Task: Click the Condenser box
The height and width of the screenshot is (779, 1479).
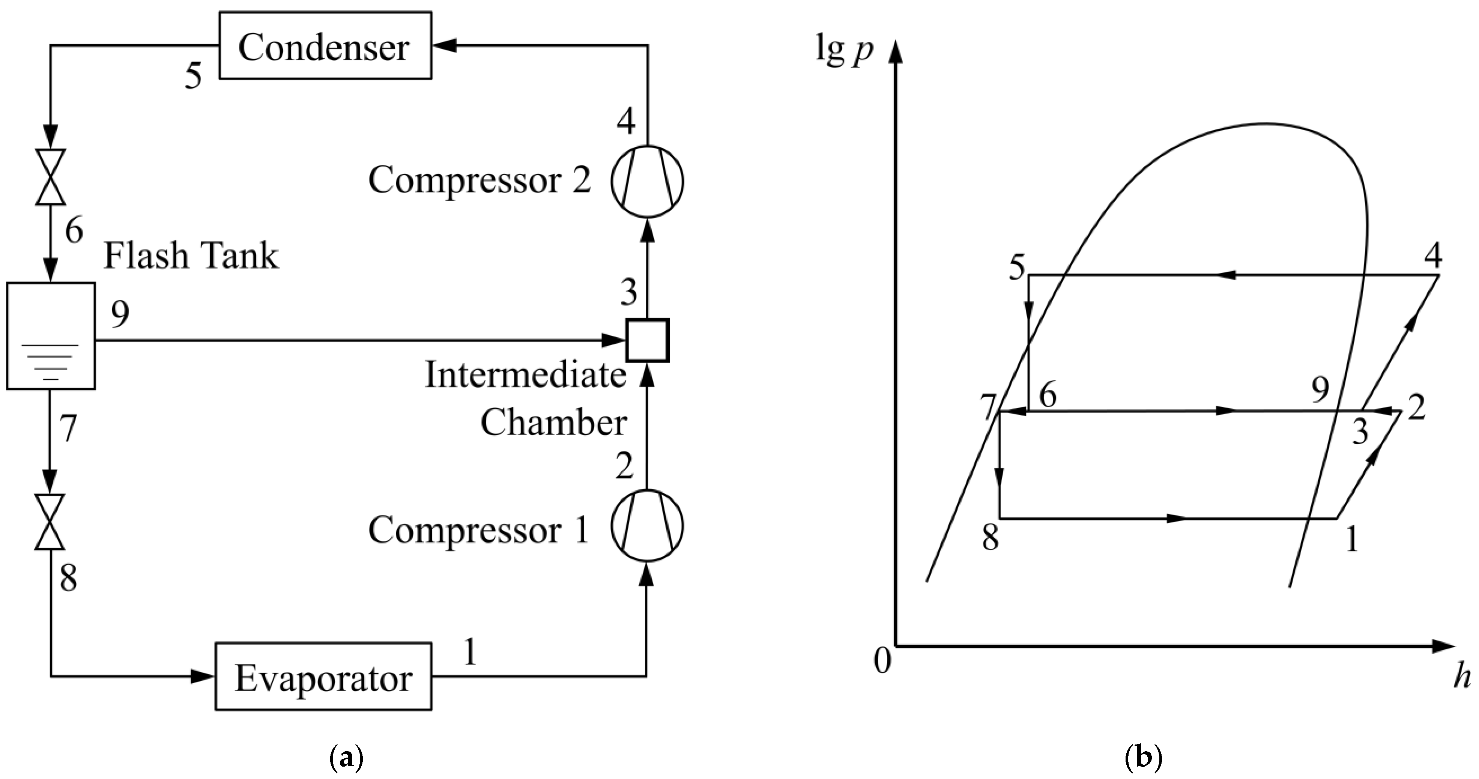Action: (x=325, y=46)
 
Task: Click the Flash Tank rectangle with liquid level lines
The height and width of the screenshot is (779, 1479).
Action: (x=51, y=336)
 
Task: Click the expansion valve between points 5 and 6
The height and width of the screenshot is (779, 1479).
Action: (x=51, y=177)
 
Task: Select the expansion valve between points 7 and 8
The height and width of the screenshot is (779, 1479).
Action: (x=51, y=522)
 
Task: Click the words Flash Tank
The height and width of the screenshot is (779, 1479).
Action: (x=191, y=256)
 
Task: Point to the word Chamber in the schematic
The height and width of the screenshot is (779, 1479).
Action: (x=553, y=424)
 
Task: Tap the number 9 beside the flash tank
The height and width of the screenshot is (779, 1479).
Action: (x=120, y=314)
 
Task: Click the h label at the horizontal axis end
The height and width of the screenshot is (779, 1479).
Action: (x=1462, y=677)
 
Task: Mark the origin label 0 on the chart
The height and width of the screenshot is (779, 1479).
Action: (x=882, y=661)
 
